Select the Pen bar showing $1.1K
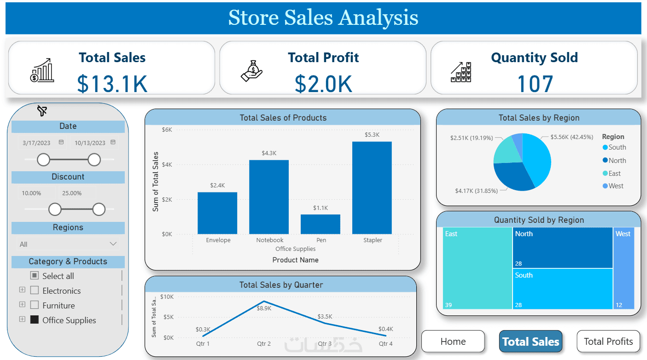[320, 224]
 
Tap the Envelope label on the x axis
[218, 240]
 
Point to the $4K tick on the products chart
[167, 164]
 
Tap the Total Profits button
[608, 342]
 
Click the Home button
[453, 342]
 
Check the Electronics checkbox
[35, 290]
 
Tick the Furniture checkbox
[35, 305]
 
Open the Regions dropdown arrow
[113, 244]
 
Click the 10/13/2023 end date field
[90, 143]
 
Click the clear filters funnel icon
[42, 111]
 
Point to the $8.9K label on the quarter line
[264, 308]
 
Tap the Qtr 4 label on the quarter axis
[385, 344]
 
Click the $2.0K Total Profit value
[323, 84]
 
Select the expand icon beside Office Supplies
[22, 319]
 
